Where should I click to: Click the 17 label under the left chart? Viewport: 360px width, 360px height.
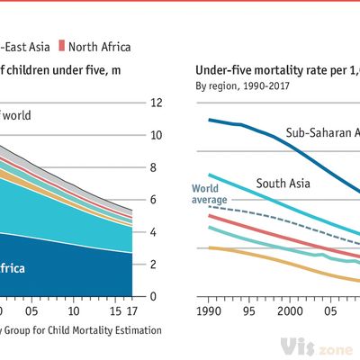tap(133, 312)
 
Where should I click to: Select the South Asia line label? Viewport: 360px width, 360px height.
tap(283, 184)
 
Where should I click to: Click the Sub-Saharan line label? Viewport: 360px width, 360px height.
tap(322, 133)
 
